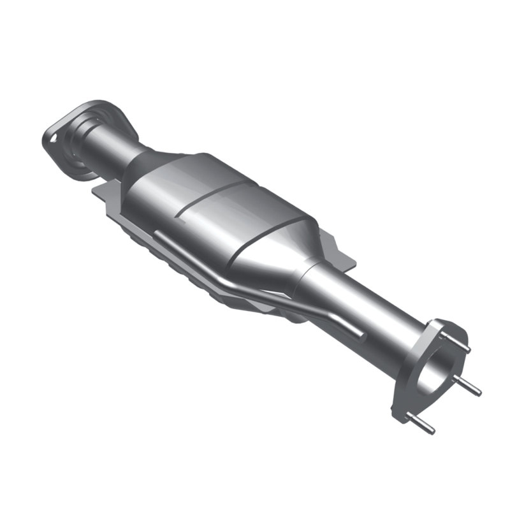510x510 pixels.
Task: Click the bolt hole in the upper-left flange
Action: pos(54,135)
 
